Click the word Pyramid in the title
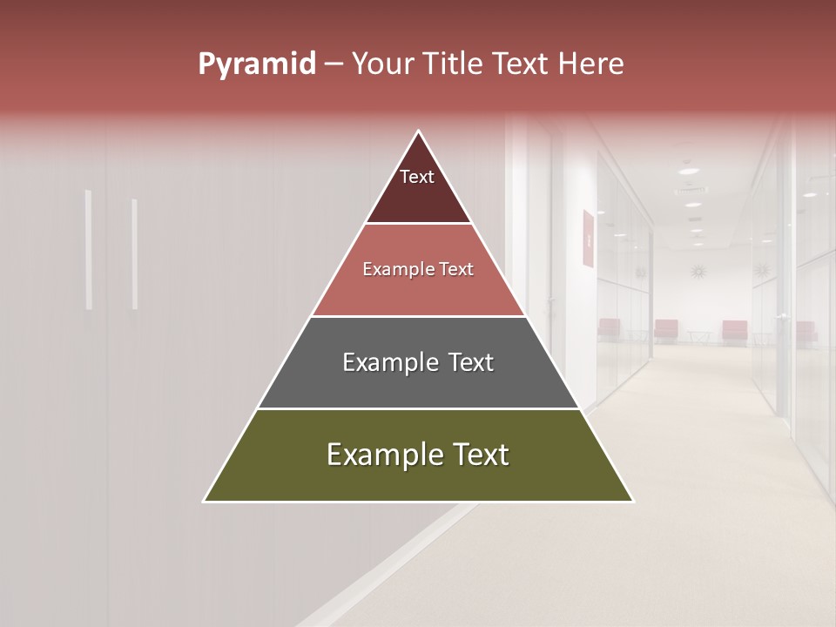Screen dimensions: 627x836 point(256,64)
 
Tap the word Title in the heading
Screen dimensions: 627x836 point(457,64)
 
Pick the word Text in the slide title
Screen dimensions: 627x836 point(522,64)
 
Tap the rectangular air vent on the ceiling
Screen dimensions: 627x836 point(691,190)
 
